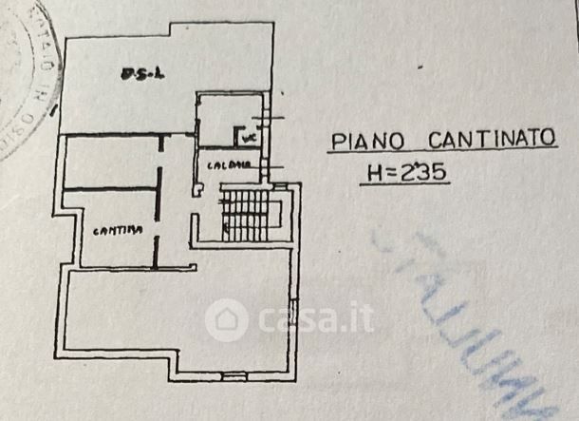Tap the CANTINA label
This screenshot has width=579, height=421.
tap(112, 230)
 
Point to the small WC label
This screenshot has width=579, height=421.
tap(250, 137)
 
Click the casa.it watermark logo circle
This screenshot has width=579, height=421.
tap(227, 319)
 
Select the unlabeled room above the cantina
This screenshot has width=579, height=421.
tap(109, 163)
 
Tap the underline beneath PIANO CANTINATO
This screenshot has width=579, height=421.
tap(442, 153)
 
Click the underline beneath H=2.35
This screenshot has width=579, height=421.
tap(406, 183)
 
